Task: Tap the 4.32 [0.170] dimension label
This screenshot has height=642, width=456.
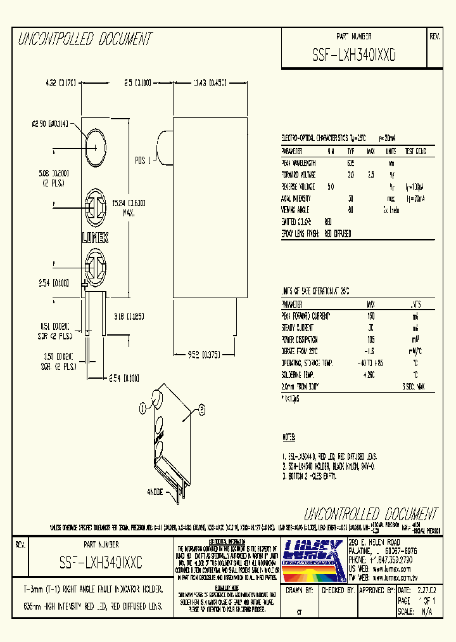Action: (61, 82)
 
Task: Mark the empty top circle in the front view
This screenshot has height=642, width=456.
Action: (95, 138)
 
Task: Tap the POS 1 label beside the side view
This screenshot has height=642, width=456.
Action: (143, 160)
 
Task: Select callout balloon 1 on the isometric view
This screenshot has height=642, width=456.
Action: (144, 406)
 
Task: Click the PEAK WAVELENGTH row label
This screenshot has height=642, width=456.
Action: (298, 163)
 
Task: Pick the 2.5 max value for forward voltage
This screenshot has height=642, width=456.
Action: (371, 174)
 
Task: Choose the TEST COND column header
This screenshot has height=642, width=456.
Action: (415, 152)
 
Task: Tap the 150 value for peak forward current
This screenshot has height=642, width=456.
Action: (371, 315)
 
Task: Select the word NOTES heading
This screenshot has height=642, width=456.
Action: (289, 438)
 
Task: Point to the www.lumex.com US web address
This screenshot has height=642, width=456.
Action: (390, 570)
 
